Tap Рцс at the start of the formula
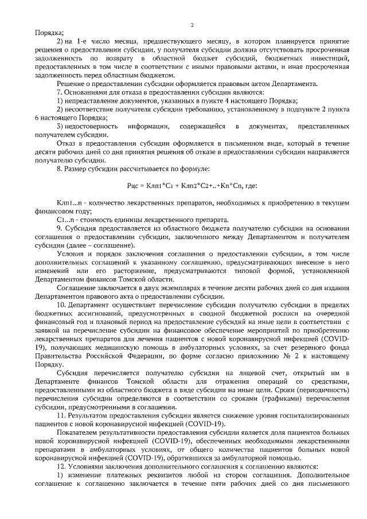coord(132,185)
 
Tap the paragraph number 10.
coord(60,305)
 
